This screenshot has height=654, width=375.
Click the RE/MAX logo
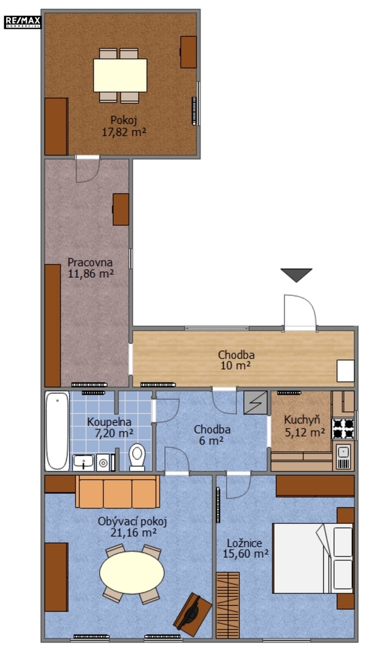pos(22,22)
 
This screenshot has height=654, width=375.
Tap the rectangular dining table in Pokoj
pos(120,75)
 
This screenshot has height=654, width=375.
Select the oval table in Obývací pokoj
pos(132,573)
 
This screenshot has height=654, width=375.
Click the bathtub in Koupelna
pos(57,431)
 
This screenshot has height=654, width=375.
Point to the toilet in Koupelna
pos(137,457)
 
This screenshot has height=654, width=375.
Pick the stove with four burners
pos(343,429)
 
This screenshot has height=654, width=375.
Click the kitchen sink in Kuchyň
pos(343,457)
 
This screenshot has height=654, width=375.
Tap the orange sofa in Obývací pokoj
pos(118,491)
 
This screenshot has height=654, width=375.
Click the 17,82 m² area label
pos(124,132)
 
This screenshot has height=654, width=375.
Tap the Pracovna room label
pos(90,262)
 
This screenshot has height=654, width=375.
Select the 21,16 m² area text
pos(133,532)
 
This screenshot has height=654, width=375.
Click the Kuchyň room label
pos(302,420)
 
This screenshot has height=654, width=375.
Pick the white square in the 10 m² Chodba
pos(345,371)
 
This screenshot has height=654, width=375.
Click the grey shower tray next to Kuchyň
pos(255,403)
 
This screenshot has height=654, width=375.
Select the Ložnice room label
pos(244,543)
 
